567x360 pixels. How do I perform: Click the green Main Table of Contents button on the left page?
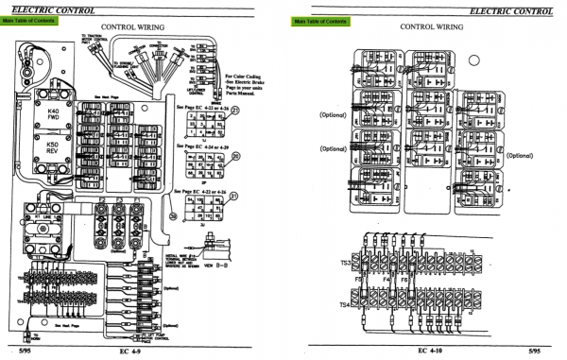tap(33, 20)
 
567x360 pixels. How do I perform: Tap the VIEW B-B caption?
tap(238, 280)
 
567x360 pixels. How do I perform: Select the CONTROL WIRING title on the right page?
tap(430, 27)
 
